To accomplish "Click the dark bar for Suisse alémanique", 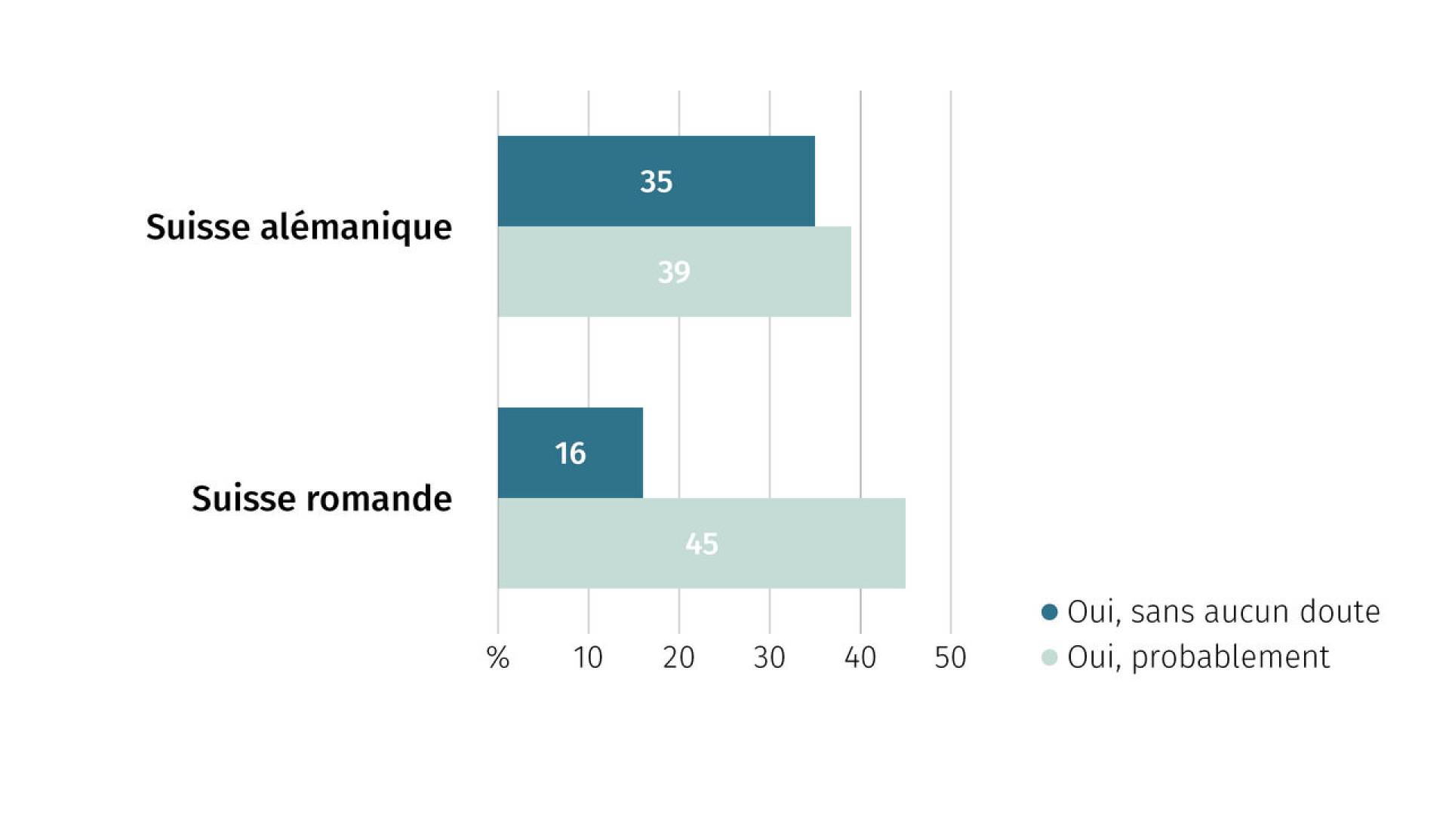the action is pos(657,181).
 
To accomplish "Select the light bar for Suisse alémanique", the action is pos(675,272).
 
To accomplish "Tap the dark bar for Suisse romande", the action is pos(571,453).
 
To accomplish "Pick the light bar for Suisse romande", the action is pos(702,543).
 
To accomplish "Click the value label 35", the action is pos(656,182).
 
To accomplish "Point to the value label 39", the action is pos(674,272).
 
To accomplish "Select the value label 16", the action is pos(570,454).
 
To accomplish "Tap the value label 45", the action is pos(702,544).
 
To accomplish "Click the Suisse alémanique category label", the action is pos(299,227).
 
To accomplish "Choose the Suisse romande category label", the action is pos(321,499).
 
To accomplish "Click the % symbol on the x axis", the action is pos(498,658).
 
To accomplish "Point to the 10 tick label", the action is pos(588,658).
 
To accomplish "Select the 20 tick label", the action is pos(678,658).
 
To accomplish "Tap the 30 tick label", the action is pos(769,658).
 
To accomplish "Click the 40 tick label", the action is pos(860,658).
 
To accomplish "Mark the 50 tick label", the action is pos(950,658).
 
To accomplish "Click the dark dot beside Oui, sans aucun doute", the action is pos(1049,612).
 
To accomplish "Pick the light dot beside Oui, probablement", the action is pos(1049,657).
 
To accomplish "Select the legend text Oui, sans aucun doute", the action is pos(1223,612).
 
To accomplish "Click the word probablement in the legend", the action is pos(1230,658).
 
